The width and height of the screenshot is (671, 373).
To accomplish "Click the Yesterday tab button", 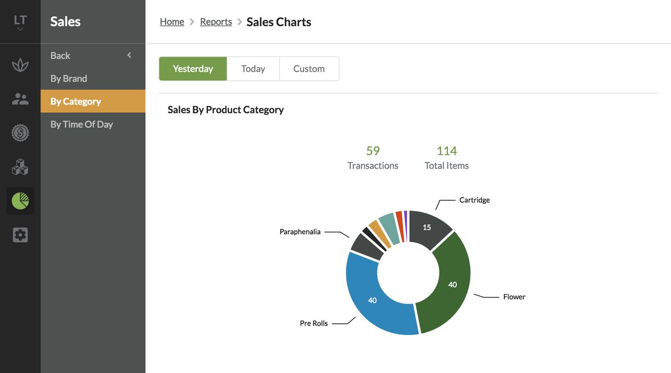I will point(193,69).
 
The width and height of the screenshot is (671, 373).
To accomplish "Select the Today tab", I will point(253,69).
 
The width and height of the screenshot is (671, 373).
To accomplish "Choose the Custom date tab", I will point(309,69).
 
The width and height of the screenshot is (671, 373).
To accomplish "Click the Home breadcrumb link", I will point(172,22).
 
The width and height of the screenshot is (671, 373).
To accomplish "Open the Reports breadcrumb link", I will point(216,22).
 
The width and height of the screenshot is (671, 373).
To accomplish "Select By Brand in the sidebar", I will point(69,78).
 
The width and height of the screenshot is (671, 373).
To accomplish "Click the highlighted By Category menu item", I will point(76,101).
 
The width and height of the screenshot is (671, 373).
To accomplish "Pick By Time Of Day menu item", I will point(82,124).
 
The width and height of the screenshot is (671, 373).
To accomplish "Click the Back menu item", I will point(60,55).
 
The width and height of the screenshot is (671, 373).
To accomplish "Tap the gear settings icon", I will point(20,235).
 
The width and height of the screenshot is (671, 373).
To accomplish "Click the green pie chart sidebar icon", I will point(20,201).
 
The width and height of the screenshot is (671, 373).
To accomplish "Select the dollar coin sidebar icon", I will point(20,133).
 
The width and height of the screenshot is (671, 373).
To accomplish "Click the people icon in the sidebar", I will point(20,99).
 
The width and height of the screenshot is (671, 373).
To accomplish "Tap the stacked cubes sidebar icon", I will point(20,167).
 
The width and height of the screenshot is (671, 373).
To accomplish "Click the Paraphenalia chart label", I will point(300,232).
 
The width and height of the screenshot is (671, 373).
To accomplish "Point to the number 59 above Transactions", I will point(373,151).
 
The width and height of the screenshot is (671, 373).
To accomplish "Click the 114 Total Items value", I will point(447,151).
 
